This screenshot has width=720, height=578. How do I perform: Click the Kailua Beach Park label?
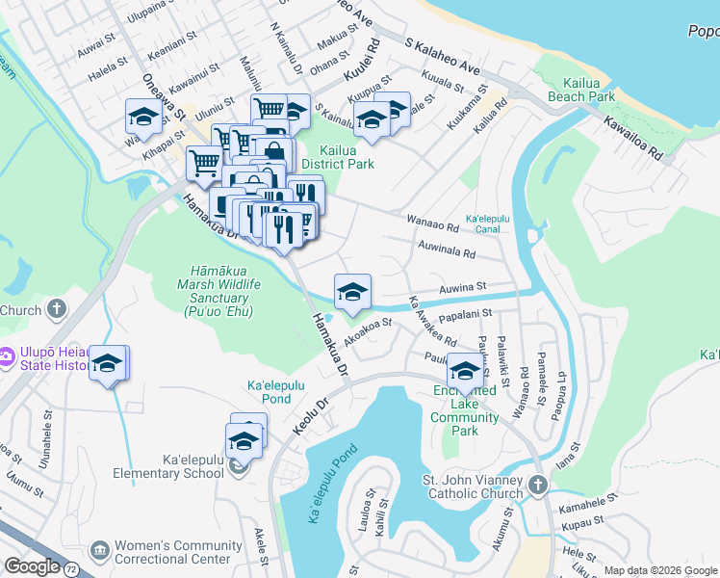581,89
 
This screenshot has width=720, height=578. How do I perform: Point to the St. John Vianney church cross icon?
537,483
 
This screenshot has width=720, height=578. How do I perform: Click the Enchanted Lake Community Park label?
465,404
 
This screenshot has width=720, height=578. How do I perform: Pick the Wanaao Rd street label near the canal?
432,227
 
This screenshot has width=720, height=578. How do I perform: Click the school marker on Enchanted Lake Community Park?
465,372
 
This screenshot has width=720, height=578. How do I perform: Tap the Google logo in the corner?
33,565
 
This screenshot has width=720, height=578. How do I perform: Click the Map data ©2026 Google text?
660,570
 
